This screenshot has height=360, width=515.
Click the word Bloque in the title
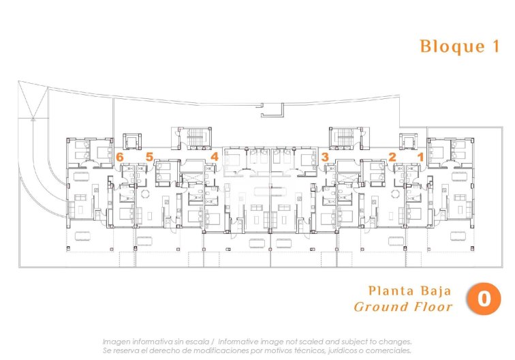(443, 47)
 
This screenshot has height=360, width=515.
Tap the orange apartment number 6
(120, 157)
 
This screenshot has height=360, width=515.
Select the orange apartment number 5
(149, 157)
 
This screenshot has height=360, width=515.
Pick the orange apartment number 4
(214, 157)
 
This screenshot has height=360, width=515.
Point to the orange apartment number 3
(325, 157)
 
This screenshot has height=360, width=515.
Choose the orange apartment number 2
(392, 157)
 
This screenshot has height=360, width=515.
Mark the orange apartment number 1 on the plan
(420, 157)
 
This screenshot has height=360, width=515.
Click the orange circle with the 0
(483, 299)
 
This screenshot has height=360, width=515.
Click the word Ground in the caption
(380, 307)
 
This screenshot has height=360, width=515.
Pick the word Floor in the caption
(433, 307)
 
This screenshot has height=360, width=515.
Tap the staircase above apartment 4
(191, 137)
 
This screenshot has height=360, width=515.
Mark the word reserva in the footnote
(128, 350)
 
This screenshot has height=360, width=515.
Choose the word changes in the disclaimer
(394, 341)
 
